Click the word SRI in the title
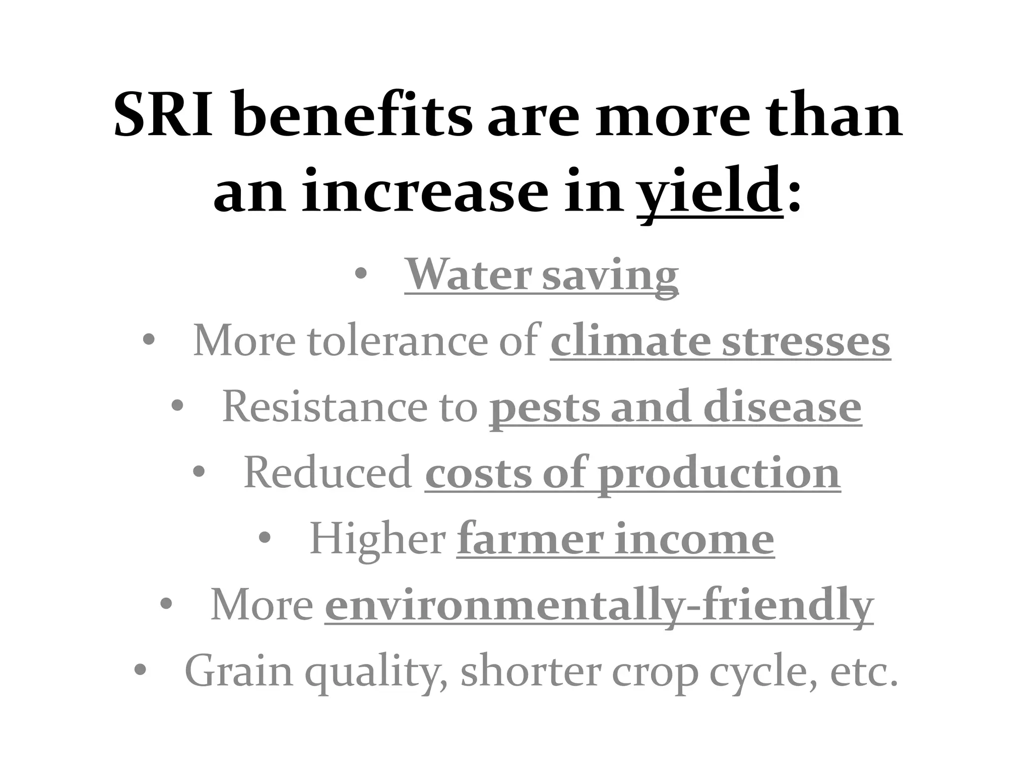pos(163,115)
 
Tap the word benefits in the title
pos(353,115)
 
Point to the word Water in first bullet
pos(469,275)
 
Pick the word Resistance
pos(325,407)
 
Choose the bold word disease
pos(782,407)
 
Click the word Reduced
pos(328,473)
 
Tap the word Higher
pos(377,539)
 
